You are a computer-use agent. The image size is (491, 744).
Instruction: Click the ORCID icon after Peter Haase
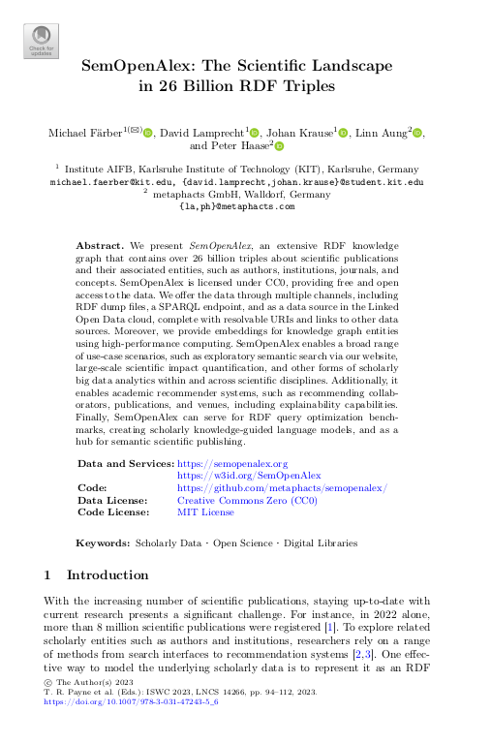pos(279,146)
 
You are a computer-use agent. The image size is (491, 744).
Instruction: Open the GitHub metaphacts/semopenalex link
pos(282,488)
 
